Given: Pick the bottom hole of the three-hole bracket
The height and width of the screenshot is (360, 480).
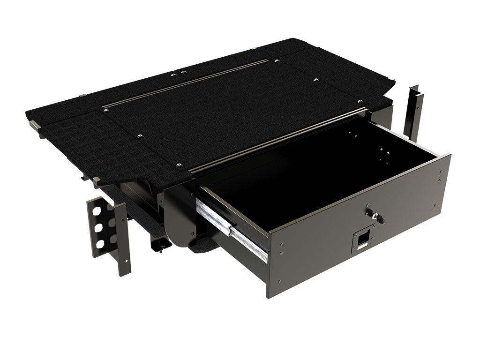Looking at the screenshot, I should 99,244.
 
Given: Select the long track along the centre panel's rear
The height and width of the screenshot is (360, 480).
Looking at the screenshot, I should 187,84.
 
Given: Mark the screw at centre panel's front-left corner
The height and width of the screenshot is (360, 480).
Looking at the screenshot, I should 179,165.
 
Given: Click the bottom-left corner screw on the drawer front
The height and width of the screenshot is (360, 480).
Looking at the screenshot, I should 280,281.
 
